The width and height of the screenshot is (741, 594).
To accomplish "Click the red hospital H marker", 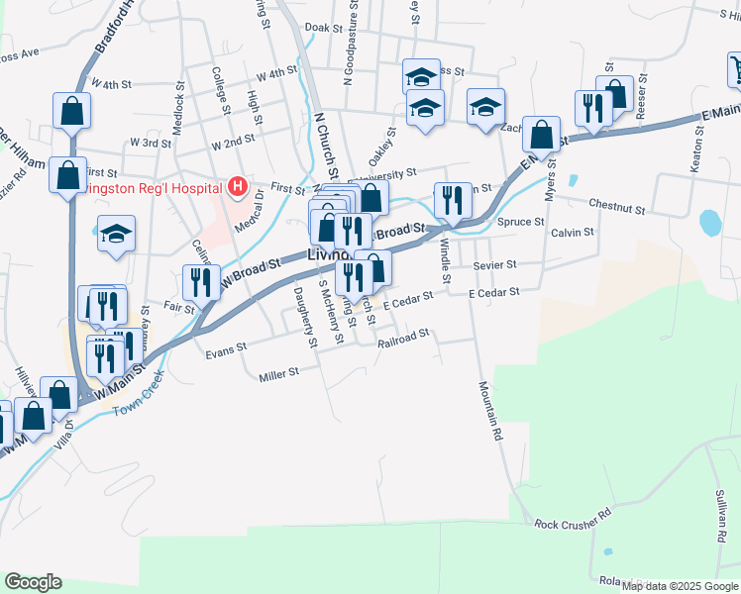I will [x=238, y=186].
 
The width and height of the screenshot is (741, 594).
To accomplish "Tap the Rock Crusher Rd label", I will [x=572, y=522].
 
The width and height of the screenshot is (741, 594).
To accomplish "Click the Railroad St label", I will [x=403, y=335].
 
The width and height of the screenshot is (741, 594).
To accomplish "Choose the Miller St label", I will [x=278, y=374].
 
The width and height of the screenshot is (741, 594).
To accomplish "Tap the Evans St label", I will [x=225, y=351].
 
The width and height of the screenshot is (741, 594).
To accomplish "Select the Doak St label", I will [x=323, y=29].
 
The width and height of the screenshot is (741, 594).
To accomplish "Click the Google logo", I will [x=33, y=582].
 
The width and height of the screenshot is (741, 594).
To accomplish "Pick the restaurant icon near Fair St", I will [x=201, y=282].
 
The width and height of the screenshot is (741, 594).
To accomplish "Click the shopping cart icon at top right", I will [x=734, y=69].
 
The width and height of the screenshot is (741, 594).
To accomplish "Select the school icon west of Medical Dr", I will [x=116, y=235].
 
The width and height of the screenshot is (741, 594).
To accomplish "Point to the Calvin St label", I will [x=573, y=233].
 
